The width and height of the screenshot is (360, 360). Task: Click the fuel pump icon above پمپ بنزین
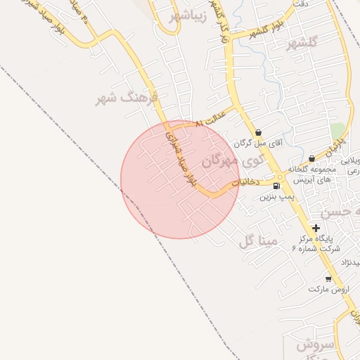(276, 186)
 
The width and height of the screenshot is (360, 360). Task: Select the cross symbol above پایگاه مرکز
(316, 228)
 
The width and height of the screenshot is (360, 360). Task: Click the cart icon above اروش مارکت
(328, 279)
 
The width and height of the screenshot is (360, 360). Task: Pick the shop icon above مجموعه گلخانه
(311, 159)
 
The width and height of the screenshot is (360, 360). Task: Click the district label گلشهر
(302, 42)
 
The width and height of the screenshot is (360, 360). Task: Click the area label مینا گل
(258, 241)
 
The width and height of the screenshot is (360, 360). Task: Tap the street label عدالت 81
(211, 117)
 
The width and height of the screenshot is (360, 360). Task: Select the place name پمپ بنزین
(276, 198)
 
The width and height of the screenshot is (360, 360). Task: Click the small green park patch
(338, 131)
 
